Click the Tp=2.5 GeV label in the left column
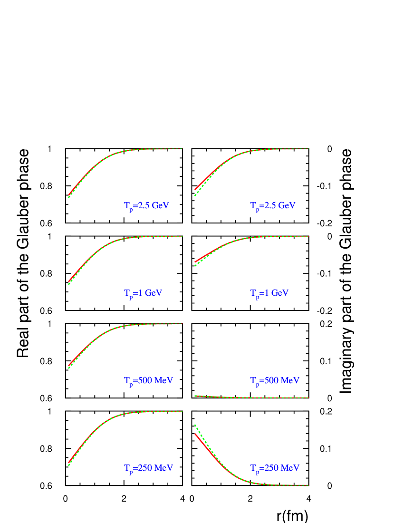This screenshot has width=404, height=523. coord(147,206)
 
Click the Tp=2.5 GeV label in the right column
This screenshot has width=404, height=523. coord(273,206)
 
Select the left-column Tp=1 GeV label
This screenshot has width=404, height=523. coord(143,293)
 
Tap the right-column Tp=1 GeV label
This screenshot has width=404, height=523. coord(269,293)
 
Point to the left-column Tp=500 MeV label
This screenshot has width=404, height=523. coord(148,381)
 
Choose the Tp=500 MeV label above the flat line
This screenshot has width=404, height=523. coord(275,381)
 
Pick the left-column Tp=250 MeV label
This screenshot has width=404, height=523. coord(148,468)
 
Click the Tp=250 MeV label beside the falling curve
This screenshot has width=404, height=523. coord(275,468)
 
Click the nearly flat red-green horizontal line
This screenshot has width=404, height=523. coord(252,397)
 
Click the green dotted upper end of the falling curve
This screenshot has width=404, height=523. coord(196,426)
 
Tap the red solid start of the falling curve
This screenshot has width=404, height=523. coord(196,435)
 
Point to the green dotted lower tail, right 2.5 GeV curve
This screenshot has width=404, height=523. coord(196,194)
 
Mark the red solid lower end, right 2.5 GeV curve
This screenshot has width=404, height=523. coord(196,189)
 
